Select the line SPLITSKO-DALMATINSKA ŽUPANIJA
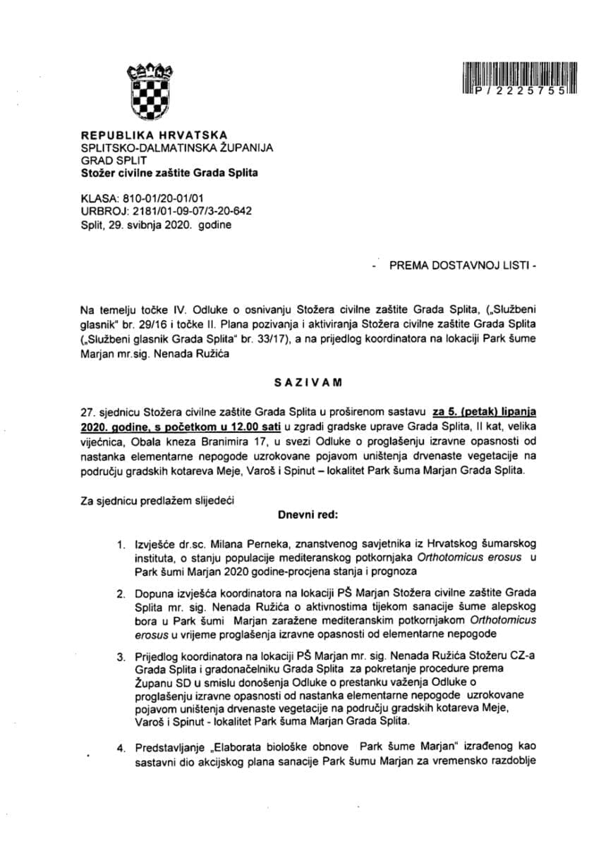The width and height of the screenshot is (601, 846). tap(177, 147)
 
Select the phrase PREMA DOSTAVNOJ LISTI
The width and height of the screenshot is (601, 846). tap(457, 266)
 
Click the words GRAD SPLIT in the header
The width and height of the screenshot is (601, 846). tap(112, 160)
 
